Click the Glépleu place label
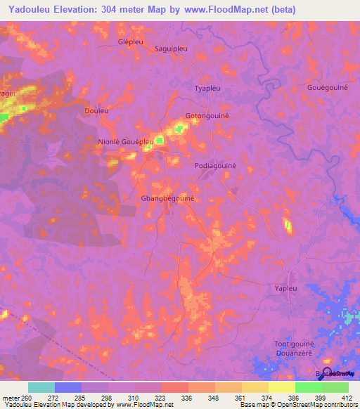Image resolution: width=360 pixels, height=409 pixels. (x=131, y=41)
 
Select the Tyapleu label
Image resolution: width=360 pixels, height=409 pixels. (x=208, y=89)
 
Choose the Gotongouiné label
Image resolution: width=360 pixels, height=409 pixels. (x=208, y=115)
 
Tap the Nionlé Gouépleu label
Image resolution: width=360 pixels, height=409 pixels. (x=125, y=141)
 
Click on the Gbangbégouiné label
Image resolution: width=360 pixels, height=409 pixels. (x=167, y=199)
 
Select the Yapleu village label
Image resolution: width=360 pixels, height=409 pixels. (x=285, y=288)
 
